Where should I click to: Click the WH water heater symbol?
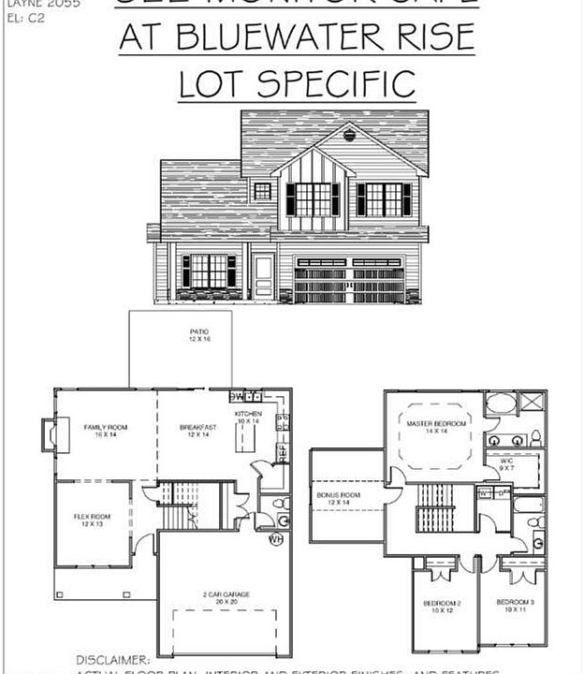click(275, 539)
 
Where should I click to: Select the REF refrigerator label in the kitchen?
click(282, 452)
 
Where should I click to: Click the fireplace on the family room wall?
click(47, 434)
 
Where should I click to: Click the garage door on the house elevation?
click(348, 280)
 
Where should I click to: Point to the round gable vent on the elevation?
click(350, 135)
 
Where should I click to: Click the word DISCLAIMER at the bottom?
click(112, 661)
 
